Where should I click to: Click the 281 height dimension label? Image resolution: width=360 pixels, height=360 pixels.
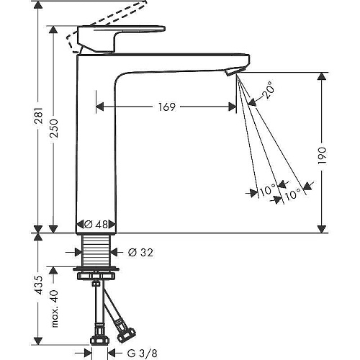[x=39, y=116]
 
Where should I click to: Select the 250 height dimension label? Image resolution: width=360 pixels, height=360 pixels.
[x=54, y=128]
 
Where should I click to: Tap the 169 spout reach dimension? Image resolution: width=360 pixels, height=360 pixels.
[x=167, y=107]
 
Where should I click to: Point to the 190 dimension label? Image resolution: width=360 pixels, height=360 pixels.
[x=322, y=156]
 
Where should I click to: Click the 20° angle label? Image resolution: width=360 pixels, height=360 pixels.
[x=268, y=90]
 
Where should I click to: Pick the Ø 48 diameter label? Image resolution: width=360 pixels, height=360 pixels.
[x=96, y=225]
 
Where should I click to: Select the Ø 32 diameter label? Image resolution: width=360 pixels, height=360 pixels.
[x=140, y=253]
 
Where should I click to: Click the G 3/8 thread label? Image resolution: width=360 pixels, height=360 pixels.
[x=143, y=353]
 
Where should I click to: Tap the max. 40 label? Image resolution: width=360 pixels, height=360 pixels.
[x=55, y=309]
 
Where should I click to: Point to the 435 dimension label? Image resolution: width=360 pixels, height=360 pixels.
[x=39, y=285]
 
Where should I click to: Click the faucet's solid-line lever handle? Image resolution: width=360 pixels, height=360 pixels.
[x=121, y=38]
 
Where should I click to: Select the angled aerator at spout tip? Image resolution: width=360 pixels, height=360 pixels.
[x=235, y=71]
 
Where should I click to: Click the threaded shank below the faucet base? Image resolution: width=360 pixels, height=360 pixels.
[x=96, y=250]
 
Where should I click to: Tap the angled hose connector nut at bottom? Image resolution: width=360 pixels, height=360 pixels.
[x=126, y=333]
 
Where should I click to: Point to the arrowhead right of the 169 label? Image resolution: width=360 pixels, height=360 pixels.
[x=232, y=107]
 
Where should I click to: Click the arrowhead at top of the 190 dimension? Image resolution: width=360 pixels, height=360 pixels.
[x=322, y=76]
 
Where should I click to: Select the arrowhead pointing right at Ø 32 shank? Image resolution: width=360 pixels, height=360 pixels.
[x=78, y=252]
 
